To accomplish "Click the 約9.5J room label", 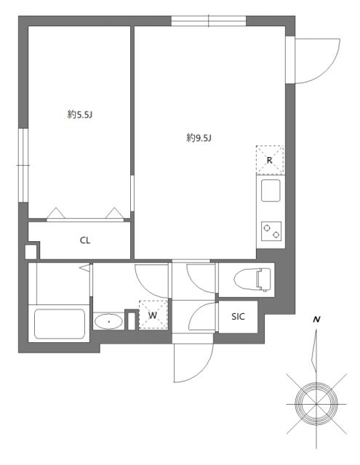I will pos(199,138).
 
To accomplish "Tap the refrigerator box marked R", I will pos(269,161).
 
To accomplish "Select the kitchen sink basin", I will pos(270,193).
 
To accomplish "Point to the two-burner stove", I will pos(270,232).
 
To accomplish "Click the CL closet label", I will pos(84,240).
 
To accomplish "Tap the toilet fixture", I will pos(255,278).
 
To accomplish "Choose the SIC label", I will pos(239,316).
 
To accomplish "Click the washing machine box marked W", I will pos(153,315).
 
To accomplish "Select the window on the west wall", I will pos(22,167).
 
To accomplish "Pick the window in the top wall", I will pos(209,21).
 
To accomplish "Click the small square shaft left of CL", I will pos(31,252).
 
